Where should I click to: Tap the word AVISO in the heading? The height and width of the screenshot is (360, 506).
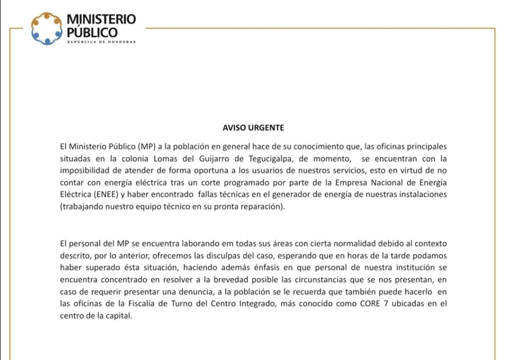pos(231,128)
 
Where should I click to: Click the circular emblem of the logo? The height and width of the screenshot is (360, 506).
pos(47,28)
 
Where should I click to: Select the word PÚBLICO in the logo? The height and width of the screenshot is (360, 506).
pos(92,33)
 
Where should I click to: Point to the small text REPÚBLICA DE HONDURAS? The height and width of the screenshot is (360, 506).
pos(101,42)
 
